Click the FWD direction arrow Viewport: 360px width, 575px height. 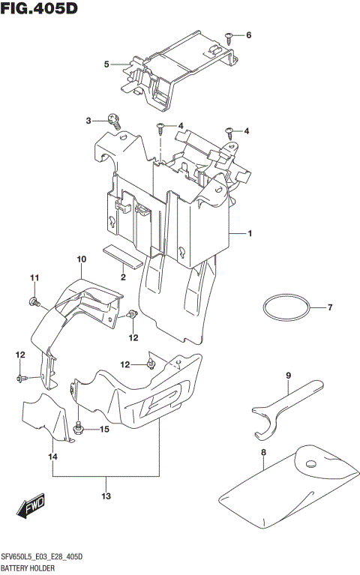click(x=32, y=509)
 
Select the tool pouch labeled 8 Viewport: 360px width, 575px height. click(x=285, y=484)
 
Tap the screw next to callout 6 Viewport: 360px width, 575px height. click(x=230, y=35)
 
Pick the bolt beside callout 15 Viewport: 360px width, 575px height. click(x=79, y=429)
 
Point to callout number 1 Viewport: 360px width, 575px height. click(x=250, y=234)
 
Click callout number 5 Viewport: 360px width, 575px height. click(x=106, y=64)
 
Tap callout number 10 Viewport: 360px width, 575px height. click(x=81, y=259)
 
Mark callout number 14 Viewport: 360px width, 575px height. click(x=53, y=457)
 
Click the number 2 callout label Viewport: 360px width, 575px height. click(x=121, y=277)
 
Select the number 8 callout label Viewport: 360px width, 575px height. click(x=263, y=452)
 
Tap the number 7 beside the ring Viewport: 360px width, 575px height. click(x=328, y=307)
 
